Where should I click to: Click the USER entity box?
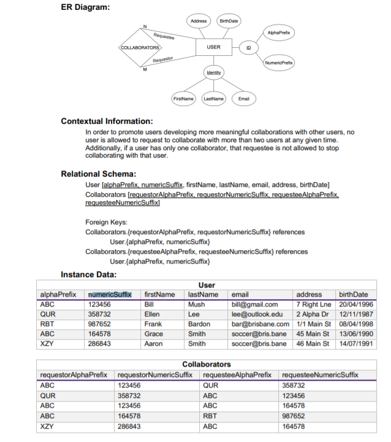point(213,47)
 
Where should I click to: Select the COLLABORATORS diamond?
point(140,47)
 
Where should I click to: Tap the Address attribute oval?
point(199,21)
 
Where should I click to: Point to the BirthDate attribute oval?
point(228,21)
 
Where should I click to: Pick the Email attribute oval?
point(244,98)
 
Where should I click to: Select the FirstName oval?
point(183,98)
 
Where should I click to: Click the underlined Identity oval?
point(213,72)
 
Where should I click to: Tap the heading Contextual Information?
point(107,121)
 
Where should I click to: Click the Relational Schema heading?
point(98,174)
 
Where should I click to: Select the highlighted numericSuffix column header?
point(110,295)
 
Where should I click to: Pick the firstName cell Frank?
point(153,324)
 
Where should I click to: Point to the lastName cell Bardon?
point(199,324)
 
